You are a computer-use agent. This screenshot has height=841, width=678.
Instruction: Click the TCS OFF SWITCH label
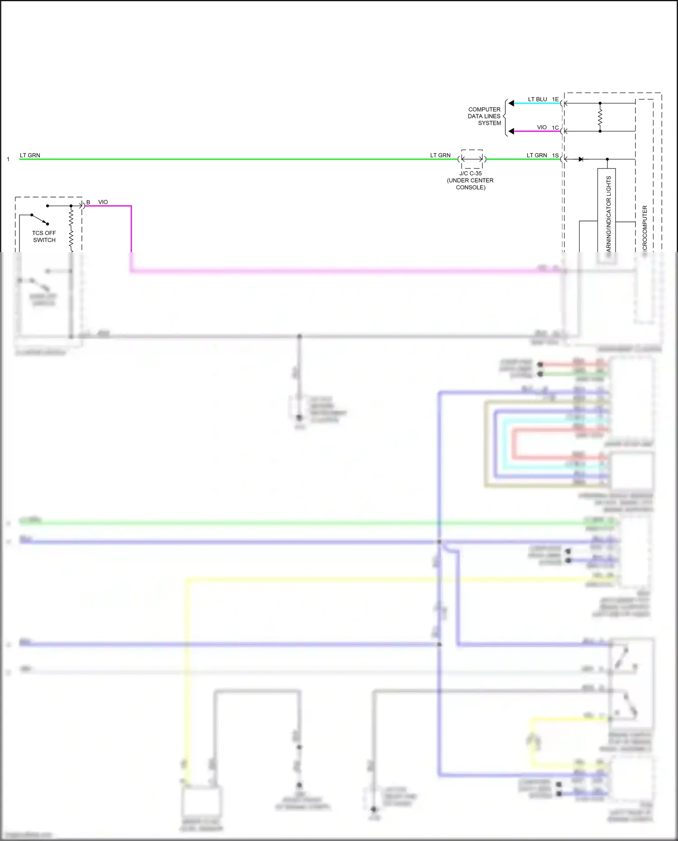pyautogui.click(x=44, y=236)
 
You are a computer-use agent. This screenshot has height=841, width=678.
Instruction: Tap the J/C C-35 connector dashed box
pyautogui.click(x=472, y=159)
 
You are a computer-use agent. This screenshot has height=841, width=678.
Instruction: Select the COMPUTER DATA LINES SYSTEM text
pyautogui.click(x=484, y=116)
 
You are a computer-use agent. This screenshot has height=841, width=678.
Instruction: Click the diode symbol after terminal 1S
pyautogui.click(x=581, y=159)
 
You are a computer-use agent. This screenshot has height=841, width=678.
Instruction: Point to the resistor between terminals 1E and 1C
pyautogui.click(x=600, y=117)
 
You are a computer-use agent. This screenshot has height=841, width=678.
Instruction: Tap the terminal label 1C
pyautogui.click(x=555, y=127)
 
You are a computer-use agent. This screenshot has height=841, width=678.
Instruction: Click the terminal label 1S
pyautogui.click(x=555, y=155)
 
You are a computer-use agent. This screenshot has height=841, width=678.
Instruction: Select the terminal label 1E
pyautogui.click(x=555, y=99)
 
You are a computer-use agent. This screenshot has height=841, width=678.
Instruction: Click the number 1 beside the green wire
pyautogui.click(x=8, y=159)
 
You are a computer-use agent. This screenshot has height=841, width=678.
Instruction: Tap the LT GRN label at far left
pyautogui.click(x=30, y=155)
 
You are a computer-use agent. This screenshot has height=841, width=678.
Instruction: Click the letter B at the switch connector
pyautogui.click(x=88, y=202)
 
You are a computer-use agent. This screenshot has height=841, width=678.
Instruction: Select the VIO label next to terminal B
pyautogui.click(x=103, y=202)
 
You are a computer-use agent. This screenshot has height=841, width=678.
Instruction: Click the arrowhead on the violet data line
pyautogui.click(x=511, y=131)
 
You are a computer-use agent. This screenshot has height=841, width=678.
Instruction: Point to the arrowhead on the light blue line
pyautogui.click(x=511, y=103)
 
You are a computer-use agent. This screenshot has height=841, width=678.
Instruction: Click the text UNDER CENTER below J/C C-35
pyautogui.click(x=470, y=180)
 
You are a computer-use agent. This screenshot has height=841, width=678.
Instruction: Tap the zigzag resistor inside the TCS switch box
pyautogui.click(x=71, y=228)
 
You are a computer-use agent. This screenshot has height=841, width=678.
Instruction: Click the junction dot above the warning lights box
pyautogui.click(x=607, y=159)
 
